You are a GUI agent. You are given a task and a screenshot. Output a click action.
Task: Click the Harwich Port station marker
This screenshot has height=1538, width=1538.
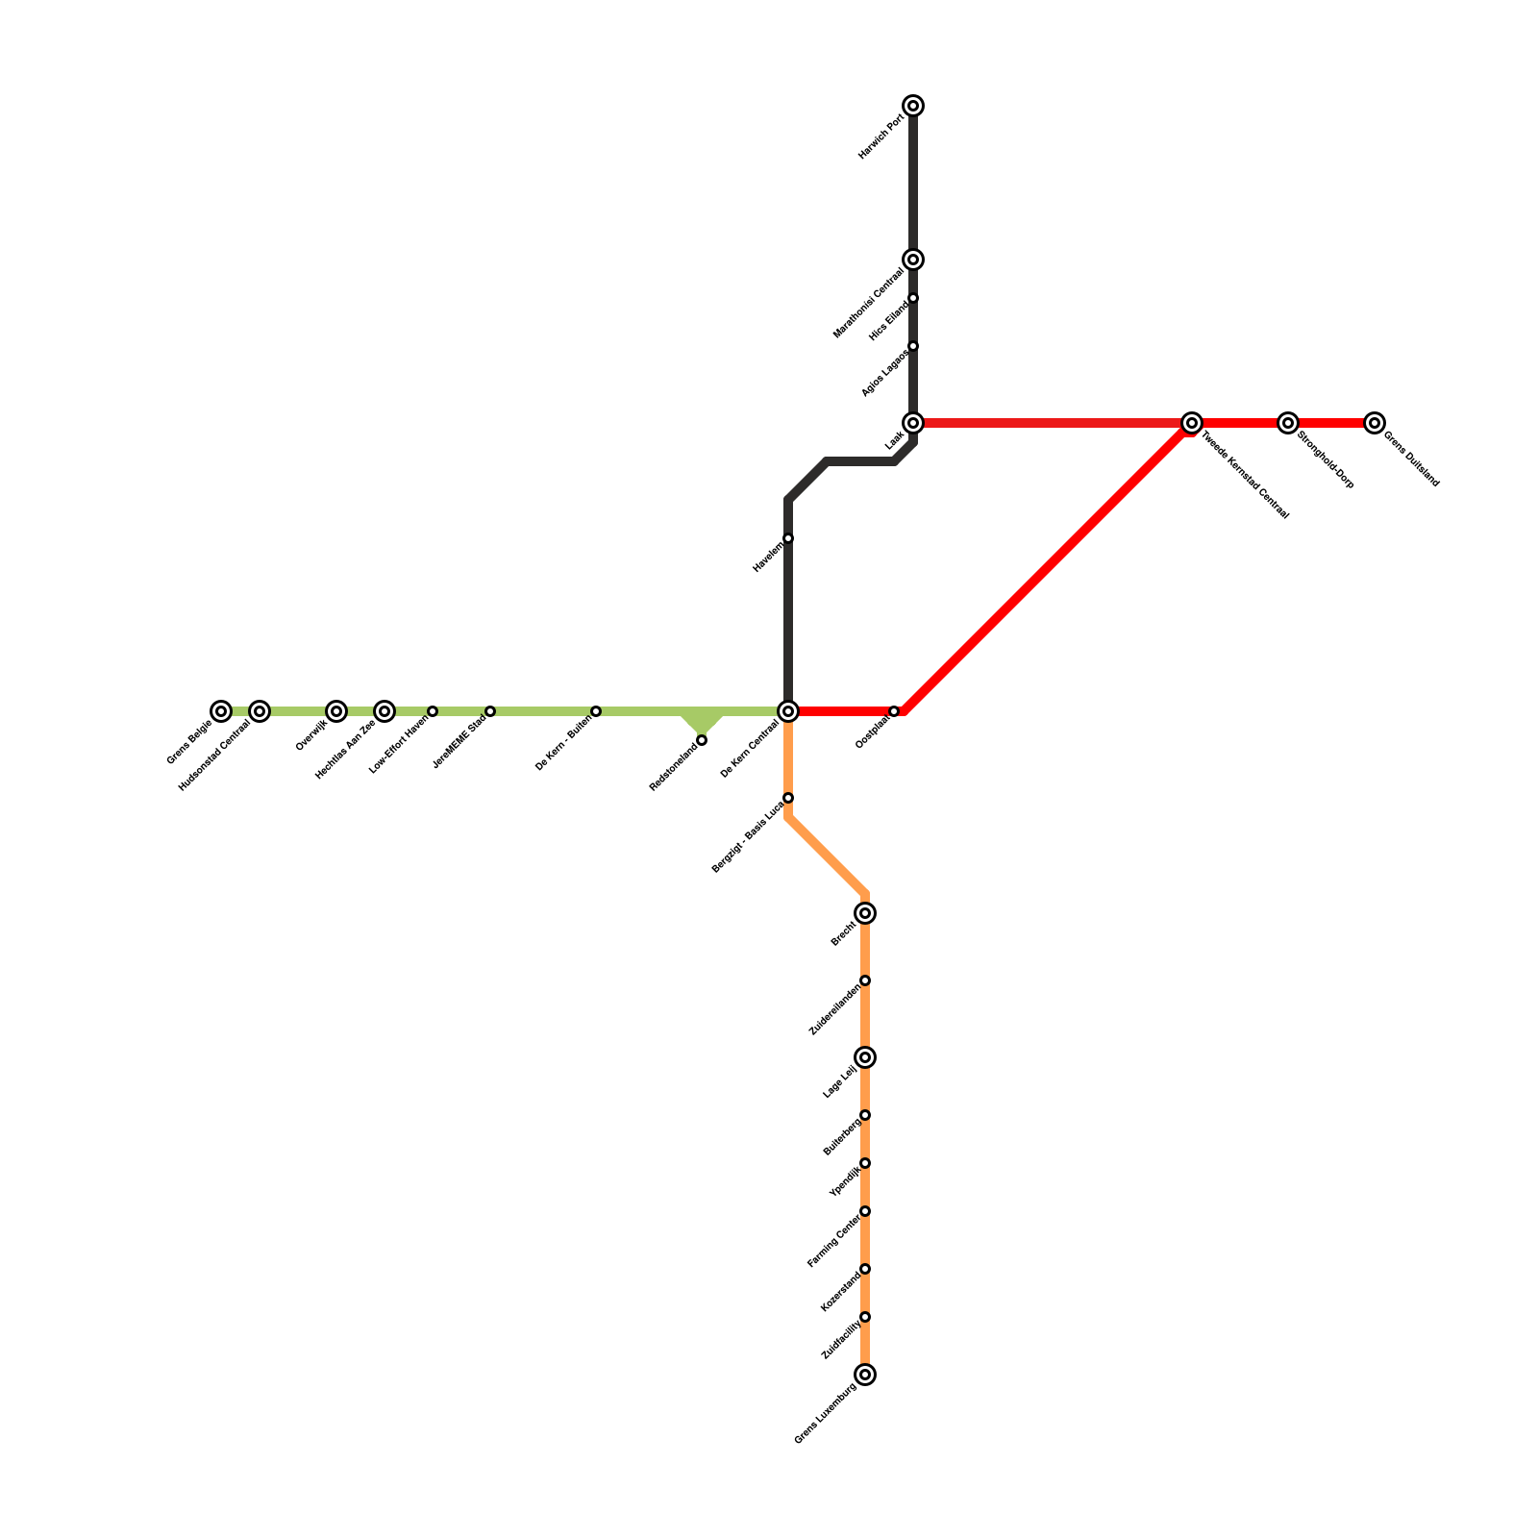(913, 106)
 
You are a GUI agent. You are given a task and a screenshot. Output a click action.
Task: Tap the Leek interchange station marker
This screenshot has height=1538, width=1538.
(913, 423)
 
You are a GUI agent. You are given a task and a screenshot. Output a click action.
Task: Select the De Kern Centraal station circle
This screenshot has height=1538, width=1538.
(788, 711)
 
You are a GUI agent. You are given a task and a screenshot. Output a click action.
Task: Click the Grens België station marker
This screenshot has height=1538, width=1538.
(221, 711)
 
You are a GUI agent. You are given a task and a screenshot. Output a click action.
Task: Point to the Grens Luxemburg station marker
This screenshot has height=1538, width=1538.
(865, 1375)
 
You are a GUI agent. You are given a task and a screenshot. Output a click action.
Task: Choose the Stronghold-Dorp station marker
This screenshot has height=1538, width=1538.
(1288, 423)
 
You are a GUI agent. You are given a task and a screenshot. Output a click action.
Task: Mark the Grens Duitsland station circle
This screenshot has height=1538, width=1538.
(1375, 423)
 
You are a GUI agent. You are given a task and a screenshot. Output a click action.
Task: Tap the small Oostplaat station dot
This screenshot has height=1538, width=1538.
(894, 711)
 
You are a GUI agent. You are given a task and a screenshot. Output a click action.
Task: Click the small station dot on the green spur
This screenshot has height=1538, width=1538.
(702, 740)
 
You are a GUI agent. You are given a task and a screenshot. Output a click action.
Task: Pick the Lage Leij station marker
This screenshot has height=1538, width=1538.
(865, 1057)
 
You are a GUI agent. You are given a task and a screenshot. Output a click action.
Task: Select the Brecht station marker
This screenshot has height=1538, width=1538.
(865, 913)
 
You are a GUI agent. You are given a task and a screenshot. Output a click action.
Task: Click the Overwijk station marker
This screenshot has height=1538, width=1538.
(335, 711)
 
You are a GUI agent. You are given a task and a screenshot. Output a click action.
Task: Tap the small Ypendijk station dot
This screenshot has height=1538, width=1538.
(865, 1163)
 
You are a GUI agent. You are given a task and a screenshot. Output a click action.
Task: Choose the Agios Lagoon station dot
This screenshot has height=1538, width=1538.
(913, 346)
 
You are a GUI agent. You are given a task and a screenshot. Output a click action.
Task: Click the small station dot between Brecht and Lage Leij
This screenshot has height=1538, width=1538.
(865, 980)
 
